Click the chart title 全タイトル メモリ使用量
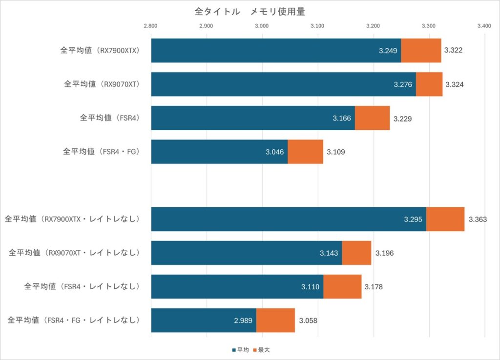(250, 11)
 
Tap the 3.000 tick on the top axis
(262, 25)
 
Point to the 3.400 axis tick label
(484, 25)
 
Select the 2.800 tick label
(151, 25)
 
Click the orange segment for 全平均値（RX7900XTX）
(421, 50)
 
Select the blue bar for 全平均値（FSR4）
(253, 118)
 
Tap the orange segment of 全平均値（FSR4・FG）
(305, 152)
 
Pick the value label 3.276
(403, 84)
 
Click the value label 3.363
(478, 220)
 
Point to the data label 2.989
(243, 320)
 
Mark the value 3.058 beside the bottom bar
(308, 320)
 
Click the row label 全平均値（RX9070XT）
(102, 84)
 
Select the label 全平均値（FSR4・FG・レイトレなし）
(74, 320)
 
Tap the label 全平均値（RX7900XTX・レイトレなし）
(72, 219)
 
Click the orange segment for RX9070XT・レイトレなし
(356, 253)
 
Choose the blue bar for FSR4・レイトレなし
(237, 286)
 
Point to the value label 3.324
(455, 84)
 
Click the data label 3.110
(311, 287)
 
